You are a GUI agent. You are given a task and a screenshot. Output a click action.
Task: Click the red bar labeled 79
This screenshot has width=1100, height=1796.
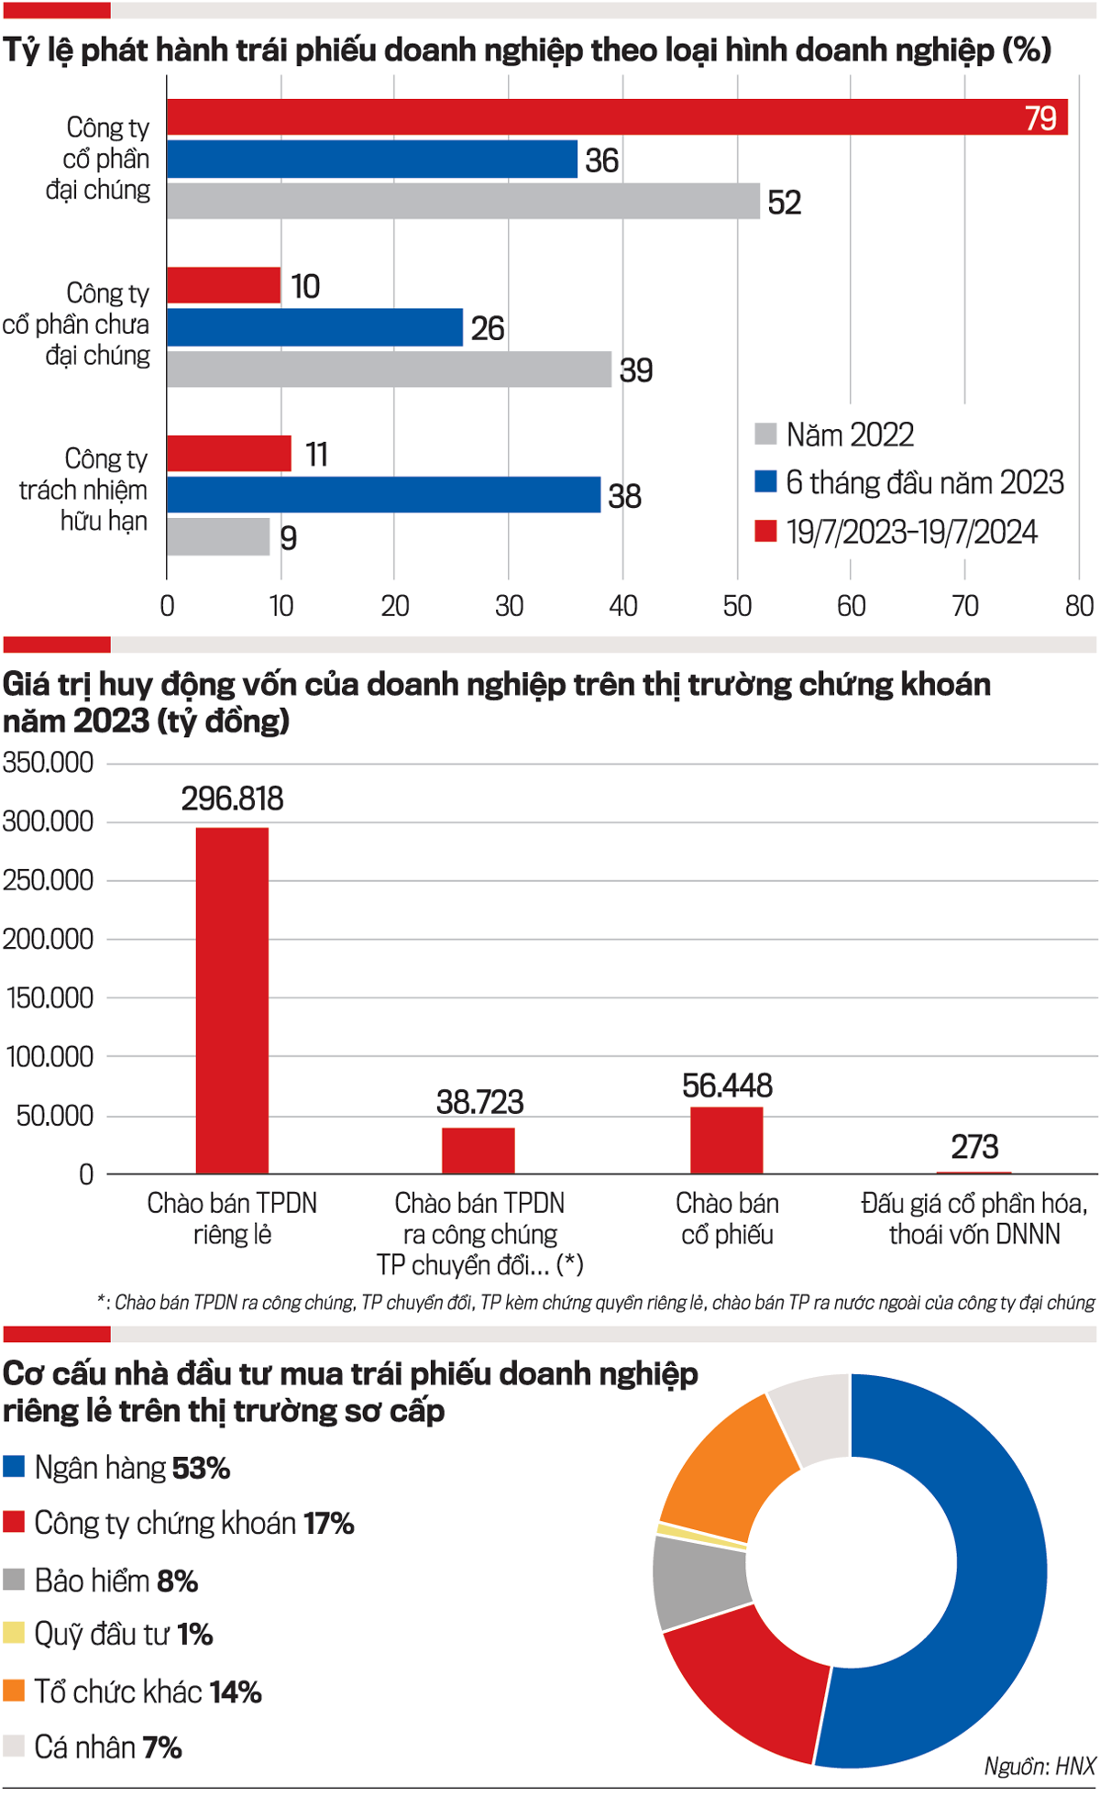coord(617,117)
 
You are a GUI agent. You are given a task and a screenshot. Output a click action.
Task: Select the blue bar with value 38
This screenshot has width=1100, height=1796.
coord(383,495)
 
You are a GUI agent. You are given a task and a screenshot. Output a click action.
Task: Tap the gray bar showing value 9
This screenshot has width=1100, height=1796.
coord(218,537)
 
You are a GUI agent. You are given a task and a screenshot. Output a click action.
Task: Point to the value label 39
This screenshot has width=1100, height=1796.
coord(636,370)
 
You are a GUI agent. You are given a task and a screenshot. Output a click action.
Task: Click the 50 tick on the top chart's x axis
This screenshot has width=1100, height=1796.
coord(737,606)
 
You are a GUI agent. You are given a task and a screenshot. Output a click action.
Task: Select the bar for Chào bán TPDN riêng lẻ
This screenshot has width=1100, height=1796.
coord(232,999)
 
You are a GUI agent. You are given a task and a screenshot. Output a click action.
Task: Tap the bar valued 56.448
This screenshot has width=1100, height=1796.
coord(726,1140)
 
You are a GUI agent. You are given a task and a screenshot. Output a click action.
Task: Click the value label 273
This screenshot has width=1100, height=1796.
coord(973,1147)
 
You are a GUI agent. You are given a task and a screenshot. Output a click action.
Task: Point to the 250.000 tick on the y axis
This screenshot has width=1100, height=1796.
coord(49,880)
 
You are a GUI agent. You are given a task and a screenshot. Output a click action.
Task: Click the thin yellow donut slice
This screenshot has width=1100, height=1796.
coord(701,1536)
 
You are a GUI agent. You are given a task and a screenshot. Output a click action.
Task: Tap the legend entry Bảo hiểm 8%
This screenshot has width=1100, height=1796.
coord(115,1581)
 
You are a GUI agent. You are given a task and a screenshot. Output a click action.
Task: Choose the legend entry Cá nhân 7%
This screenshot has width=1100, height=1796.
coord(107,1746)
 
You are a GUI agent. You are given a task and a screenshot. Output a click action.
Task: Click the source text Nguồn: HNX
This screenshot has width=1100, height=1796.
coord(1039,1767)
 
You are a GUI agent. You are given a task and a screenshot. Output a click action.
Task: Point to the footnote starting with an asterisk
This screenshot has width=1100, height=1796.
coord(596,1303)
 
